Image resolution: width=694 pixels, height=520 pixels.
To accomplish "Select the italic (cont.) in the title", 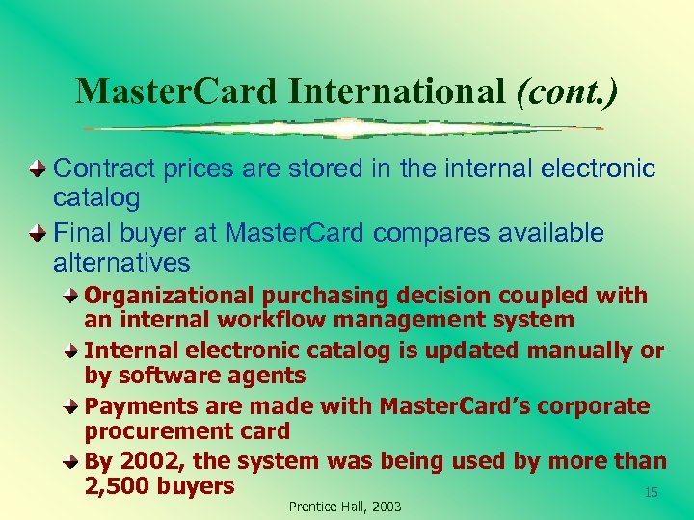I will (x=567, y=91).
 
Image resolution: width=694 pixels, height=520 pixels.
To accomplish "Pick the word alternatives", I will (x=121, y=263).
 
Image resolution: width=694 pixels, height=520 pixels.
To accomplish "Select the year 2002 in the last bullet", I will (x=148, y=462).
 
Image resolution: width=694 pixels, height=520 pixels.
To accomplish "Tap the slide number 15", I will (x=651, y=492).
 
